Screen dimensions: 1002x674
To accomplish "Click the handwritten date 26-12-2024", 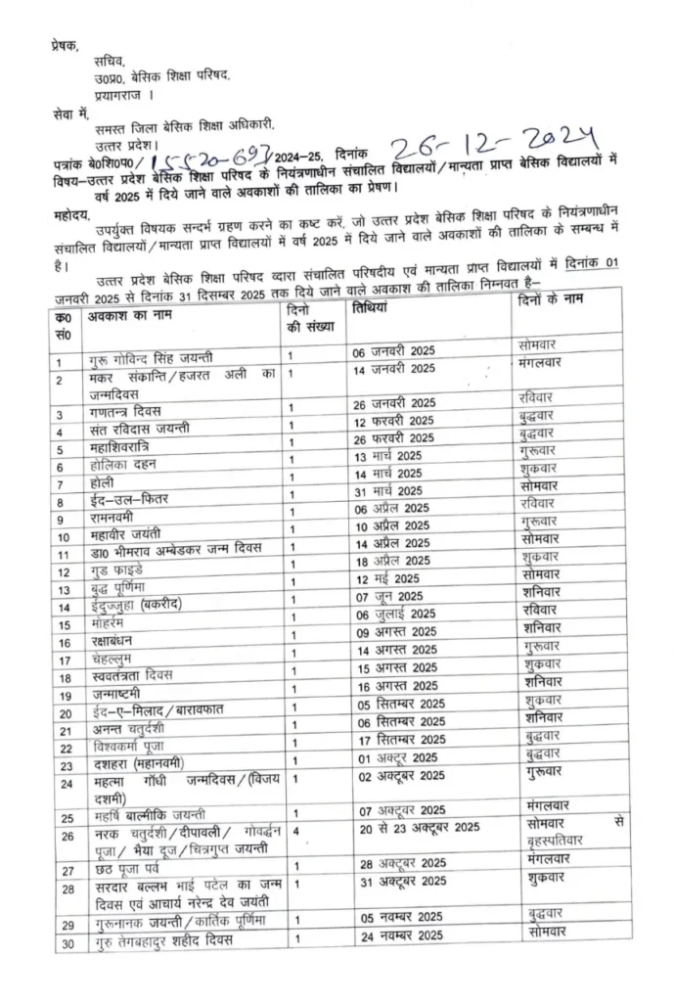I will point(500,150).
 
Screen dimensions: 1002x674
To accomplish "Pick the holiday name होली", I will point(99,484).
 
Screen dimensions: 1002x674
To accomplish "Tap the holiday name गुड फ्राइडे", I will point(114,569).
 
